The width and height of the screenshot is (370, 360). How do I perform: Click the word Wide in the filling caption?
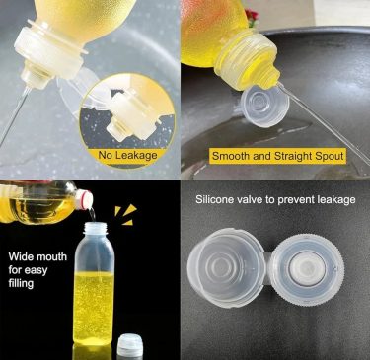click(21, 256)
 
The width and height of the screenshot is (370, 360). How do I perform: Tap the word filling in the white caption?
click(21, 283)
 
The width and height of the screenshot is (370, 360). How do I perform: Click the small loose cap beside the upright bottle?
click(130, 345)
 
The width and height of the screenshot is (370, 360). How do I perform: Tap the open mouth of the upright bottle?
click(96, 225)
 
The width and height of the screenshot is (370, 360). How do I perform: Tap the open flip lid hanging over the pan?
click(264, 107)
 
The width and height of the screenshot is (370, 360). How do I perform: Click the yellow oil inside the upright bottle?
click(94, 308)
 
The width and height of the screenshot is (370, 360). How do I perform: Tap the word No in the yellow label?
click(105, 154)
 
